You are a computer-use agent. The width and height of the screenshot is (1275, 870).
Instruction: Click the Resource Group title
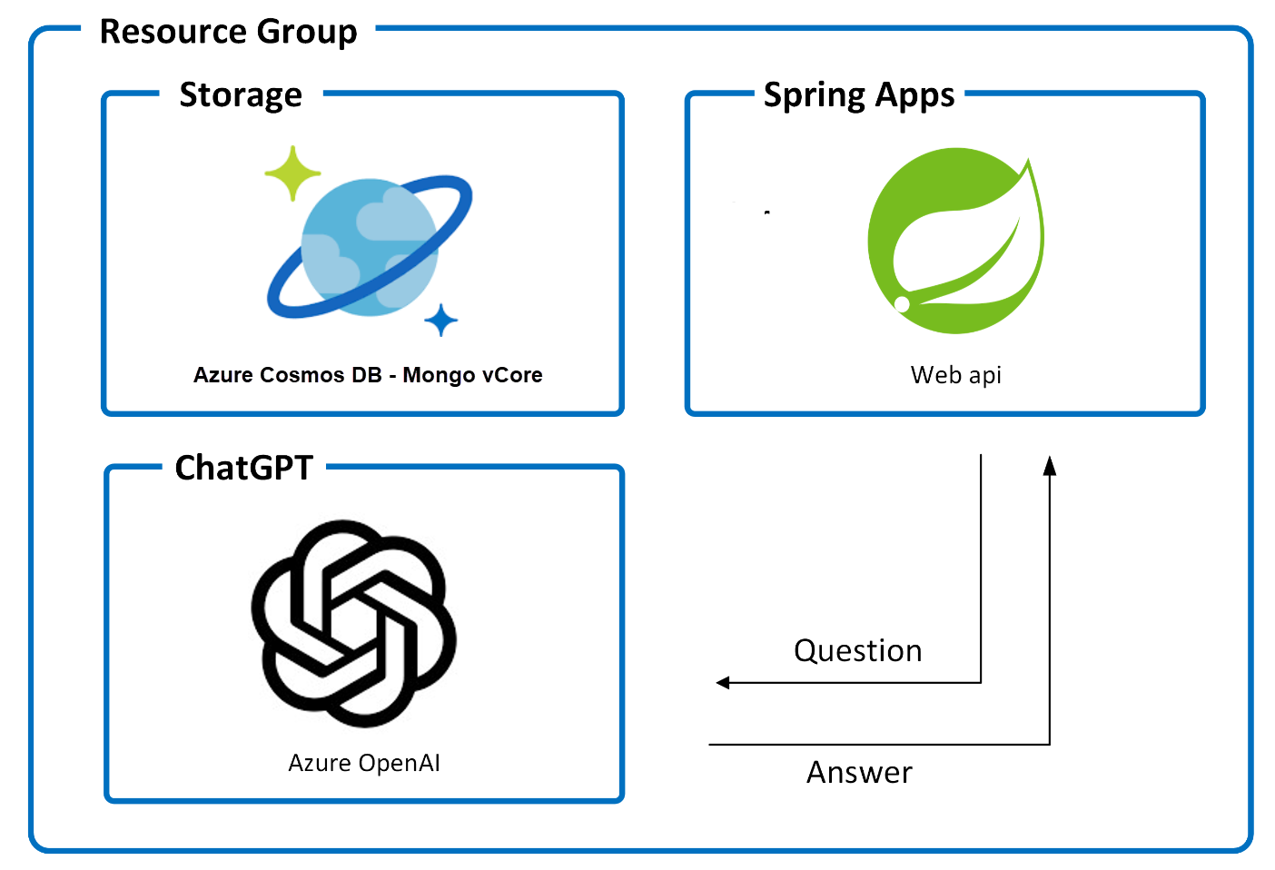point(228,32)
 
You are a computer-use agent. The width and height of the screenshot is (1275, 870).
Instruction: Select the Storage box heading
point(241,94)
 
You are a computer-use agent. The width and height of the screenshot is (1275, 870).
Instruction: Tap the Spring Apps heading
point(859,94)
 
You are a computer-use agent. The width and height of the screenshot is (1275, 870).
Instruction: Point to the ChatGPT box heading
point(243,468)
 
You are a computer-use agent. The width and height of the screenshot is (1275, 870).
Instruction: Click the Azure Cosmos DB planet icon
point(370,246)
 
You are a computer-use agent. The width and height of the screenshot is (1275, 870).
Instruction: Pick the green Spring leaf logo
point(955,241)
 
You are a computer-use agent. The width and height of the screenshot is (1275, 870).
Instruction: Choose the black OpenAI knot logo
point(353,623)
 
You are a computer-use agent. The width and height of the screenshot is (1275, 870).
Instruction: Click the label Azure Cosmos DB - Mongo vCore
point(368,375)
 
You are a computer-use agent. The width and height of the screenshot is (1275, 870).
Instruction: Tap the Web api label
point(955,375)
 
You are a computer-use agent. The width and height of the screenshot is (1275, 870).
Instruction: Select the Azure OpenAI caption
point(364,763)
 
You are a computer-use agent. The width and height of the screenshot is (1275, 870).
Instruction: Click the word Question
point(857,651)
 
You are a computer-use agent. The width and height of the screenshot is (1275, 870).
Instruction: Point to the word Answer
point(859,773)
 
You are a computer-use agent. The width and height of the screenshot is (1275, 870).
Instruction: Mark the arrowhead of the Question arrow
point(723,682)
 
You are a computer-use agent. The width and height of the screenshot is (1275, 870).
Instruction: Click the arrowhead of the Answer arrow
point(1050,465)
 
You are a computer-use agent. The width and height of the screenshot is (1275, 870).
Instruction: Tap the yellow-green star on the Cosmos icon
point(292,173)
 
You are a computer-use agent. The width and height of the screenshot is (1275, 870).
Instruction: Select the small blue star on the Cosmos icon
point(441,320)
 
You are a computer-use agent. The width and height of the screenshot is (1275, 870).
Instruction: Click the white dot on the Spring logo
point(902,304)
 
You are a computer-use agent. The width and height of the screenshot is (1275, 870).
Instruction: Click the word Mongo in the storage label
point(439,376)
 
